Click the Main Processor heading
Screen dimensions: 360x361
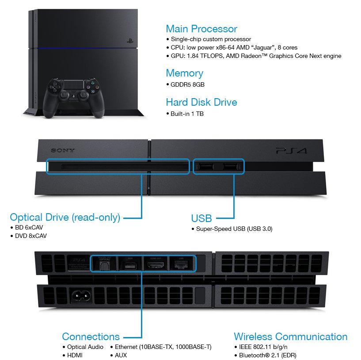pos(201,29)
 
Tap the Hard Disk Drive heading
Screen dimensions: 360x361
pos(201,103)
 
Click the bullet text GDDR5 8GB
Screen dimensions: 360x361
pos(187,84)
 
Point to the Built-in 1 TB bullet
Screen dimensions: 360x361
pos(187,114)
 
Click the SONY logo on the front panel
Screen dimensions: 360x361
pos(63,150)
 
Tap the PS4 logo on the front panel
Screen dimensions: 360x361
pos(291,151)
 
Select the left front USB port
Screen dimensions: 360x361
pos(205,167)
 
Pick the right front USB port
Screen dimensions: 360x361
pos(229,167)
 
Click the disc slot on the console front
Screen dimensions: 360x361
pos(117,167)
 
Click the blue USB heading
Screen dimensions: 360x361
pos(201,218)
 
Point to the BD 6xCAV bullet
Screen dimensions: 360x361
pos(29,228)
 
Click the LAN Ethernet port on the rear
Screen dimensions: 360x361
pos(181,265)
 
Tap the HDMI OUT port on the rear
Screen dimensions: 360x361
pos(155,265)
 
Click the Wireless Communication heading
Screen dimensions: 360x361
pos(290,337)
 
